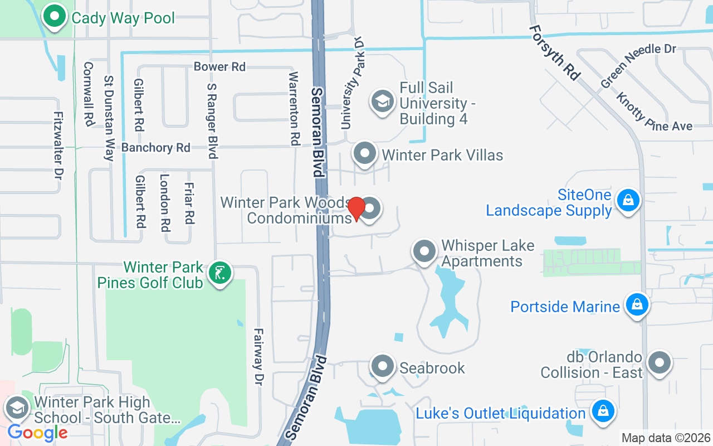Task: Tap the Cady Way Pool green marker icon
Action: coord(54,17)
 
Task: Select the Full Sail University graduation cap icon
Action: coord(382,102)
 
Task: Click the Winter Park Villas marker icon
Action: coord(365,153)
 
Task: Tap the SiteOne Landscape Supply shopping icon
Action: coord(628,200)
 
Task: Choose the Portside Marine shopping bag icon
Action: coord(637,304)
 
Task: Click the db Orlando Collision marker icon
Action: coord(660,362)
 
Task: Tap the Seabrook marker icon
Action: coord(383,366)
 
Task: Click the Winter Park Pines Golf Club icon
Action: coord(220,273)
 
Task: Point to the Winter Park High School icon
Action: coord(17,409)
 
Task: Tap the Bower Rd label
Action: coord(219,66)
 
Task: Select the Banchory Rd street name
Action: coord(156,148)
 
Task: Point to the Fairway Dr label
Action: coord(258,356)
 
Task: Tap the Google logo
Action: coord(37,432)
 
